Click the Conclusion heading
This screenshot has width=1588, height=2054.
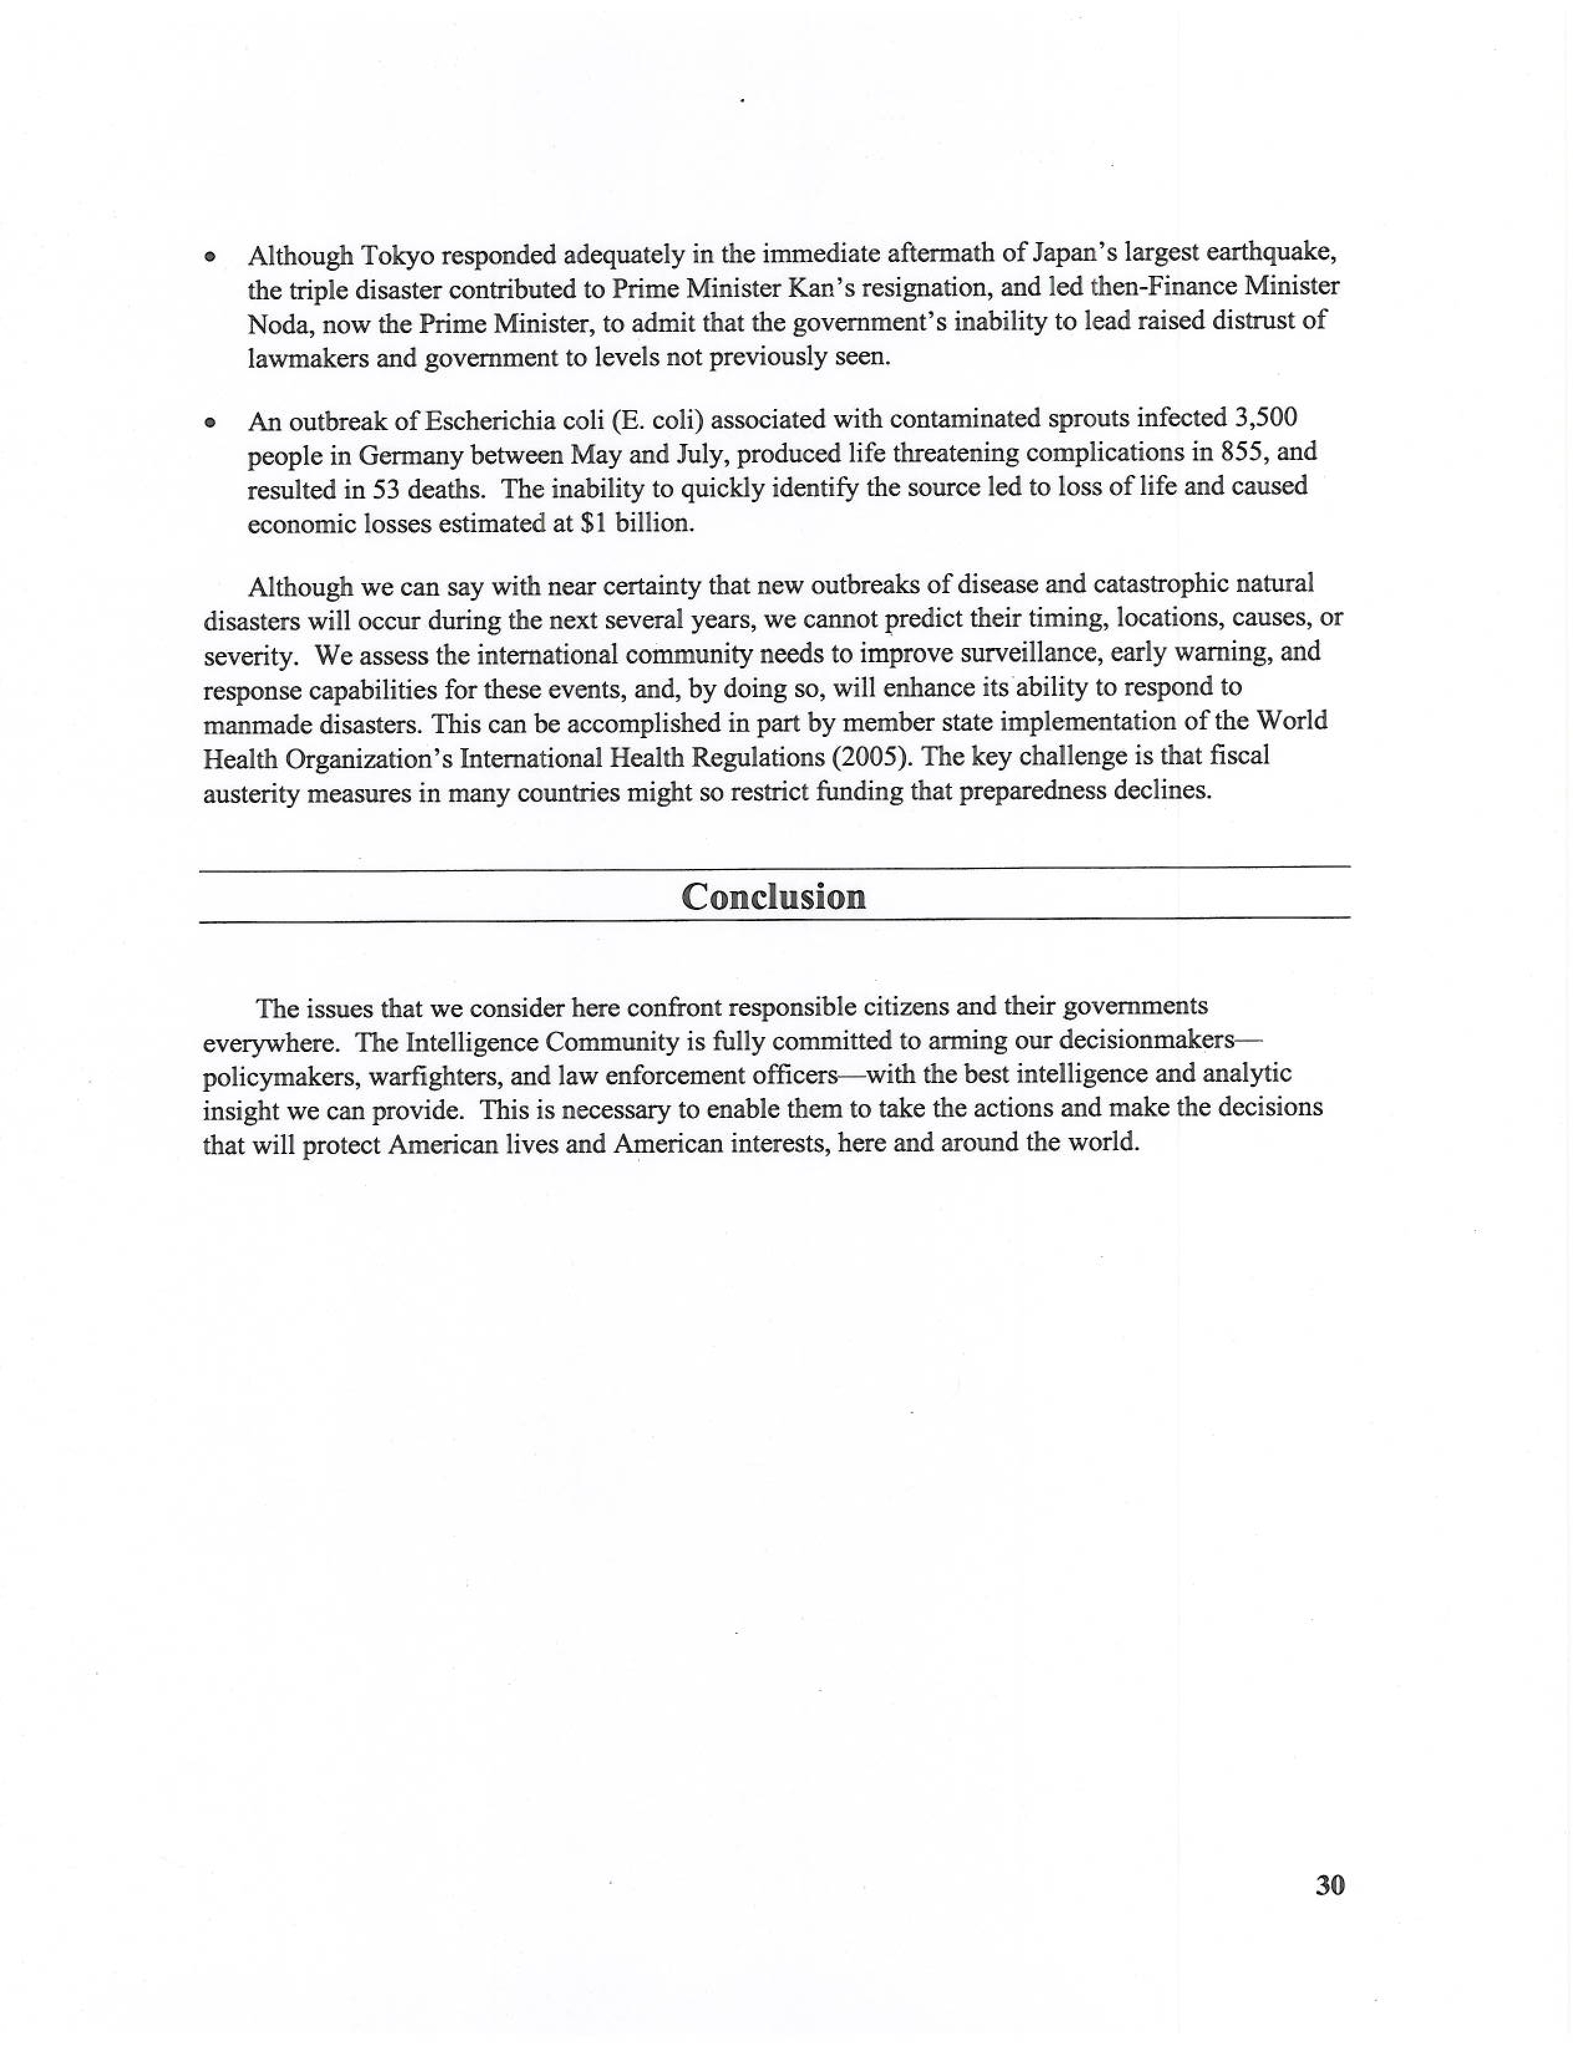(x=773, y=896)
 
